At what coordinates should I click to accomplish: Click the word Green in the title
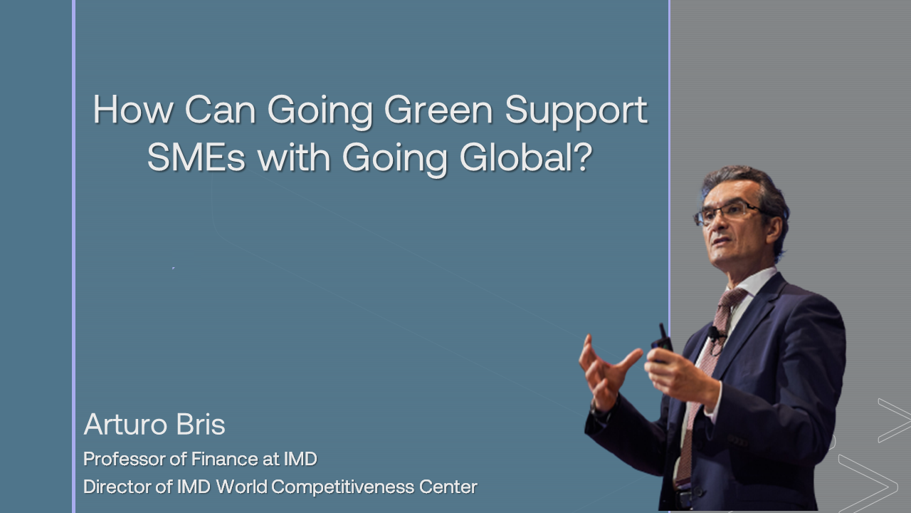(438, 110)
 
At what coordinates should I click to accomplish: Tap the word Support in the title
(576, 112)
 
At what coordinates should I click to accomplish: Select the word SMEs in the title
(196, 157)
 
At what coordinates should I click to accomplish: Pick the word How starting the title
(133, 109)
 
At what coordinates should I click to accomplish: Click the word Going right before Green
(320, 112)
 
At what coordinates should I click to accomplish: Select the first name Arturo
(125, 424)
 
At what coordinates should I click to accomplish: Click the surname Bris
(201, 424)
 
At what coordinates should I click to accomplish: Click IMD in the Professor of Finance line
(300, 460)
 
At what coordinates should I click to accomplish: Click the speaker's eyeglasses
(728, 212)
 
